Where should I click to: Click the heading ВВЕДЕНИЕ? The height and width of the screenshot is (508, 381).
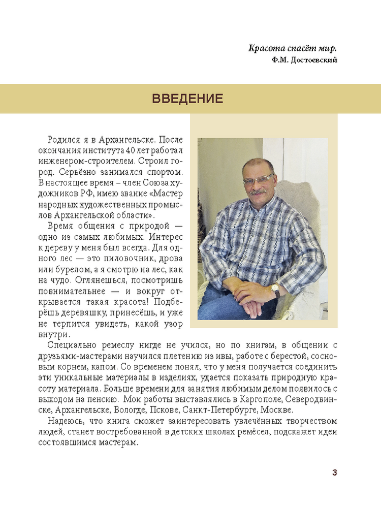pyautogui.click(x=187, y=99)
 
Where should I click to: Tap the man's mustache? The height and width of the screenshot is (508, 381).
pyautogui.click(x=258, y=192)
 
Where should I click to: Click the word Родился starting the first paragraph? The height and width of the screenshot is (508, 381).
pyautogui.click(x=63, y=139)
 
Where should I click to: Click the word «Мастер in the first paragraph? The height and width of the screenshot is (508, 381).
pyautogui.click(x=167, y=194)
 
